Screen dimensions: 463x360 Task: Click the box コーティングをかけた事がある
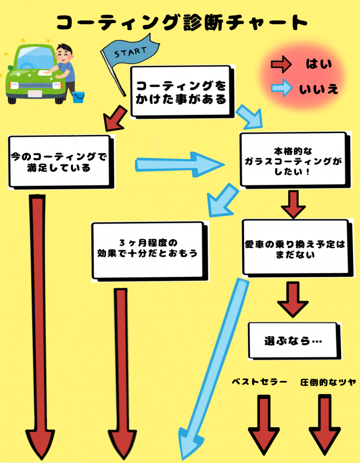[x=180, y=92]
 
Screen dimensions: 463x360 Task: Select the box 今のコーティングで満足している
[x=59, y=162]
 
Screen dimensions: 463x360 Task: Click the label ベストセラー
[x=260, y=382]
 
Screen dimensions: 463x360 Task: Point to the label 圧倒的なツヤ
[x=328, y=382]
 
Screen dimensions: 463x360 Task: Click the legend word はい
[x=319, y=65]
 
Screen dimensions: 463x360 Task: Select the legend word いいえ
[x=319, y=89]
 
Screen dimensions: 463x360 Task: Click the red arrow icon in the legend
[x=281, y=65]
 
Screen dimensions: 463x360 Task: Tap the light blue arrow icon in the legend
[x=281, y=89]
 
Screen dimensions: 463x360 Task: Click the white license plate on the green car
[x=34, y=94]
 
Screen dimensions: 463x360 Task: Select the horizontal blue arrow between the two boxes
[x=180, y=164]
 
